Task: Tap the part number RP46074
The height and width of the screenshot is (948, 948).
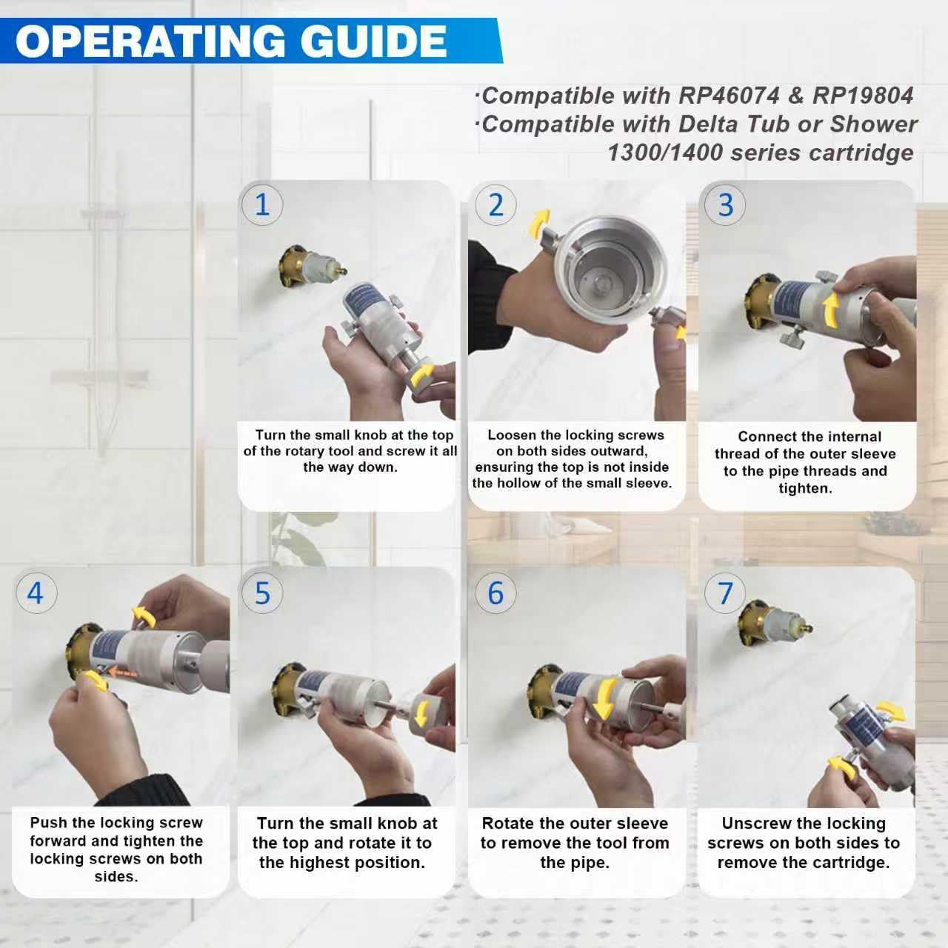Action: click(x=729, y=96)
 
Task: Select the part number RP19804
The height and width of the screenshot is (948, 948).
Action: click(x=863, y=96)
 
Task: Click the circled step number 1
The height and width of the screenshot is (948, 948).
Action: click(x=262, y=204)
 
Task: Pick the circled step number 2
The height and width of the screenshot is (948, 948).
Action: click(x=496, y=204)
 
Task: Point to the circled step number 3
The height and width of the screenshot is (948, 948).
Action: click(x=725, y=204)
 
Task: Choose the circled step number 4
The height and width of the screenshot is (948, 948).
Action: click(x=36, y=592)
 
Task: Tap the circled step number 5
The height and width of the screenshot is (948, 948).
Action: click(x=262, y=592)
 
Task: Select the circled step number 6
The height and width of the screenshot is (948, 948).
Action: click(x=496, y=592)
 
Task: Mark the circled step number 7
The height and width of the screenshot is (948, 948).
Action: click(x=725, y=592)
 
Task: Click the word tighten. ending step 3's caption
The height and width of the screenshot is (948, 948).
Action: click(x=805, y=489)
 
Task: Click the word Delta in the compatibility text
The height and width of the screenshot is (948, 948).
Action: click(x=712, y=124)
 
